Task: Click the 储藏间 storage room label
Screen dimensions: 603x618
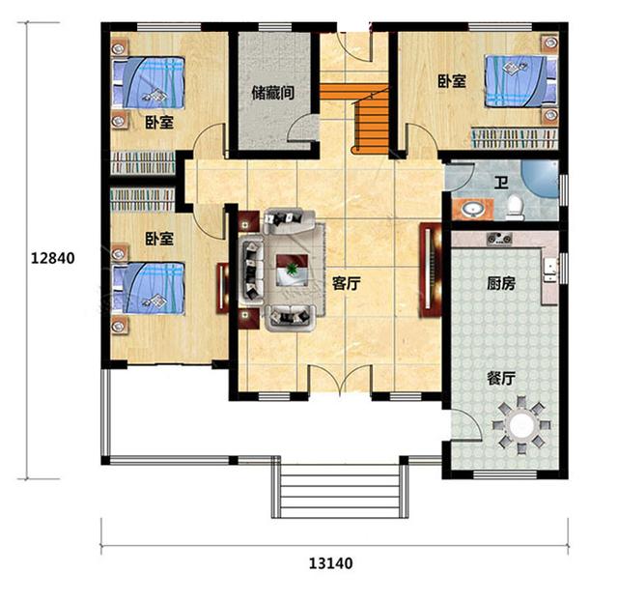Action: tap(272, 95)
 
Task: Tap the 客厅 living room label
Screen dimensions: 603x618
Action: tap(346, 284)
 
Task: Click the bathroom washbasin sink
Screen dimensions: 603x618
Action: tap(473, 208)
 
